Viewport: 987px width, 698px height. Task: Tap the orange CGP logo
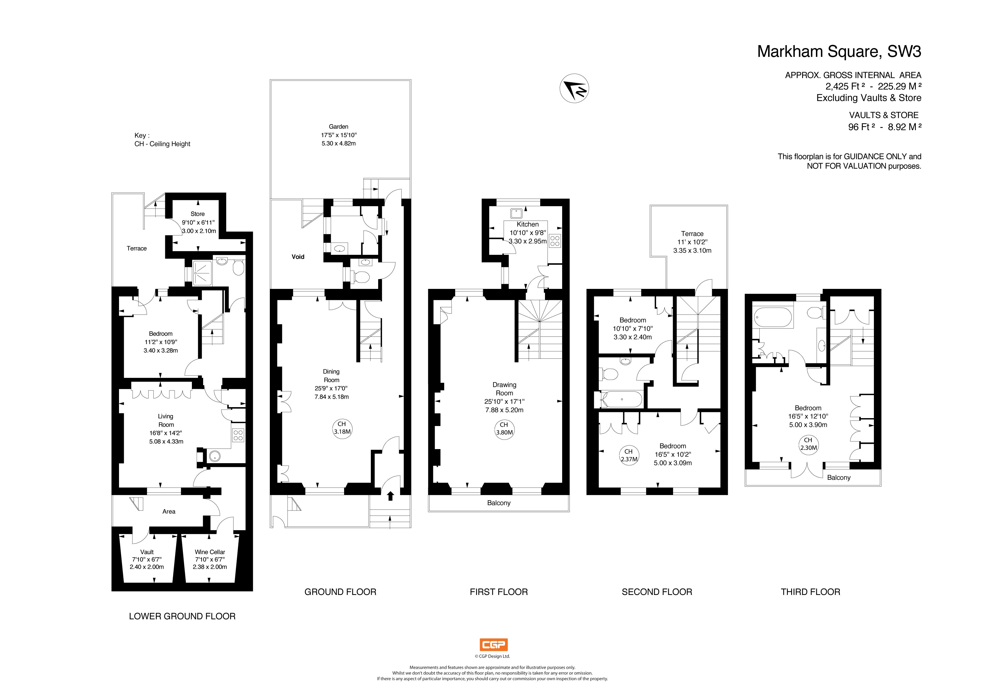click(493, 645)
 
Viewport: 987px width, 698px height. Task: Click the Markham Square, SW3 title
click(839, 51)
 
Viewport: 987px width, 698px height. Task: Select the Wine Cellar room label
click(210, 552)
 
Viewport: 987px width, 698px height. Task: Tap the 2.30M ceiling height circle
click(808, 444)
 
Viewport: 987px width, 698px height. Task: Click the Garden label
click(338, 126)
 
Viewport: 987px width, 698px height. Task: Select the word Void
click(298, 257)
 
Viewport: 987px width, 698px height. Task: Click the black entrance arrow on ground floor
click(390, 496)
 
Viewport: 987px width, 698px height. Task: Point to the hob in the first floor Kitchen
click(555, 240)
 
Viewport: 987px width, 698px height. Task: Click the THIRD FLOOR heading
click(810, 592)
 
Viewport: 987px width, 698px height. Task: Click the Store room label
click(198, 214)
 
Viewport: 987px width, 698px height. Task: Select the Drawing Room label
click(504, 389)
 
